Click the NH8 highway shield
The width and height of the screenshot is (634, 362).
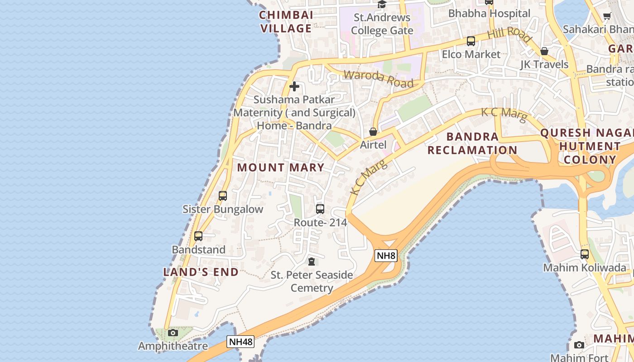pyautogui.click(x=386, y=256)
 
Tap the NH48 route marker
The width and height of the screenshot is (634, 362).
pyautogui.click(x=240, y=341)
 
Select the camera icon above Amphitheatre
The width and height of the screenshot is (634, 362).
pyautogui.click(x=173, y=333)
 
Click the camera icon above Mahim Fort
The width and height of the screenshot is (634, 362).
pyautogui.click(x=579, y=345)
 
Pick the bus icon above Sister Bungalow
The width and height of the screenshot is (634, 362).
pyautogui.click(x=222, y=196)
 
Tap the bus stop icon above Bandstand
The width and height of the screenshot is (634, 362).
pyautogui.click(x=198, y=236)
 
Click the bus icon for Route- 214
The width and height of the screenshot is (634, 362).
pyautogui.click(x=320, y=209)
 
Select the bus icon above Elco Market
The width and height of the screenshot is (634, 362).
pyautogui.click(x=471, y=41)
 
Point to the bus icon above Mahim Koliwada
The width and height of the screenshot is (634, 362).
pyautogui.click(x=585, y=254)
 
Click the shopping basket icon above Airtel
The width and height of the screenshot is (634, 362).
pyautogui.click(x=373, y=132)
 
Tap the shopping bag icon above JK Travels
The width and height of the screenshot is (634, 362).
pyautogui.click(x=544, y=51)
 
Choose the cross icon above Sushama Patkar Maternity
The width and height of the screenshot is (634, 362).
pyautogui.click(x=294, y=86)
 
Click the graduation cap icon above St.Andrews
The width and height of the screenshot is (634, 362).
pyautogui.click(x=382, y=5)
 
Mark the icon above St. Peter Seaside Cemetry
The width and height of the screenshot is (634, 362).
pyautogui.click(x=312, y=262)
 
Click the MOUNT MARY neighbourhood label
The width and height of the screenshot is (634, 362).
pyautogui.click(x=281, y=167)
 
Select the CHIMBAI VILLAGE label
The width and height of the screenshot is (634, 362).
pyautogui.click(x=286, y=22)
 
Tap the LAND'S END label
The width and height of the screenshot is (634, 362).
pyautogui.click(x=201, y=272)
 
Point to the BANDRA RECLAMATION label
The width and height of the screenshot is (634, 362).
pyautogui.click(x=472, y=143)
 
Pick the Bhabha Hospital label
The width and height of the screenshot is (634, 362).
pyautogui.click(x=489, y=14)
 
